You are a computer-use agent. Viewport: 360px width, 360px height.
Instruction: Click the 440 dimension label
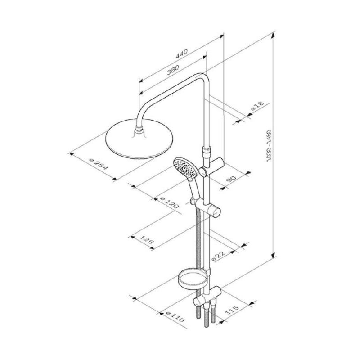(x=181, y=54)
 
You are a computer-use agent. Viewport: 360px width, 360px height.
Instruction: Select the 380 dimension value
(x=173, y=70)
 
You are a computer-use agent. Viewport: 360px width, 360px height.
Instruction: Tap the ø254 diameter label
(x=98, y=164)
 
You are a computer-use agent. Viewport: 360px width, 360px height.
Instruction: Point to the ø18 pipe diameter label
(x=257, y=106)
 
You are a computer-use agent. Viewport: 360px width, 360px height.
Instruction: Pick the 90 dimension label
(x=231, y=179)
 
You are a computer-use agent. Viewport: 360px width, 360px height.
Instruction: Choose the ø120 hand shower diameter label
(x=169, y=202)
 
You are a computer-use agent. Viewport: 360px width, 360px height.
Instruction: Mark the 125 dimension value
(x=146, y=240)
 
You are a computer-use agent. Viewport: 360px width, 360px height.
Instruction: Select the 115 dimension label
(x=232, y=310)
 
